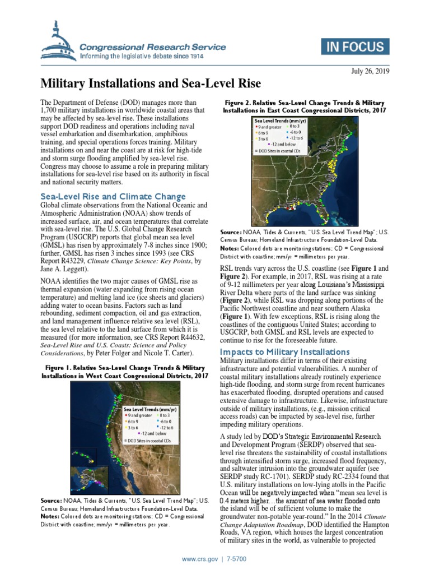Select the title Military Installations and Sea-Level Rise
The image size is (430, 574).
[x=151, y=84]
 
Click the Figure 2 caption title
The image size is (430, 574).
[x=304, y=107]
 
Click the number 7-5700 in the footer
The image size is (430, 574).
[x=237, y=559]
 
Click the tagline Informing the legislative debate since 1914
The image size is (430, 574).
[x=142, y=57]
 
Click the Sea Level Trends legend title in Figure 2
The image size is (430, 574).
[x=280, y=121]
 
